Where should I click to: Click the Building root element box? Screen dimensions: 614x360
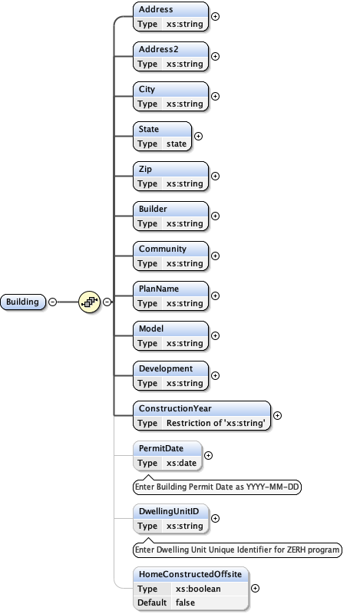(23, 302)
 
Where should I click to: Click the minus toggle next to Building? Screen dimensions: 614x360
(52, 302)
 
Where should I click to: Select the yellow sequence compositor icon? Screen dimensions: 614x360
(90, 302)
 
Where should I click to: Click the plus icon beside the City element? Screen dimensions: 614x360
(215, 96)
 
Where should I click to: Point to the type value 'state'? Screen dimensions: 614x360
(177, 144)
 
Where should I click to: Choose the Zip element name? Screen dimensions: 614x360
(145, 169)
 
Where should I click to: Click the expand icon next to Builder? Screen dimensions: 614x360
(215, 216)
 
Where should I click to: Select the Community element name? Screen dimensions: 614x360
(162, 249)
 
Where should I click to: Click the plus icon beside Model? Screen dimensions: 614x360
(215, 335)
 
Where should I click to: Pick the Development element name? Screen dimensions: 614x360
(165, 368)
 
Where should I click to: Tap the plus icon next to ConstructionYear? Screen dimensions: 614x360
(277, 415)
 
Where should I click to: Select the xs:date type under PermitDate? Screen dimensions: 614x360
(181, 463)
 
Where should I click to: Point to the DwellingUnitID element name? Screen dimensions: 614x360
(169, 511)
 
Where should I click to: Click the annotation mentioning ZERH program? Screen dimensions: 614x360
(236, 550)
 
